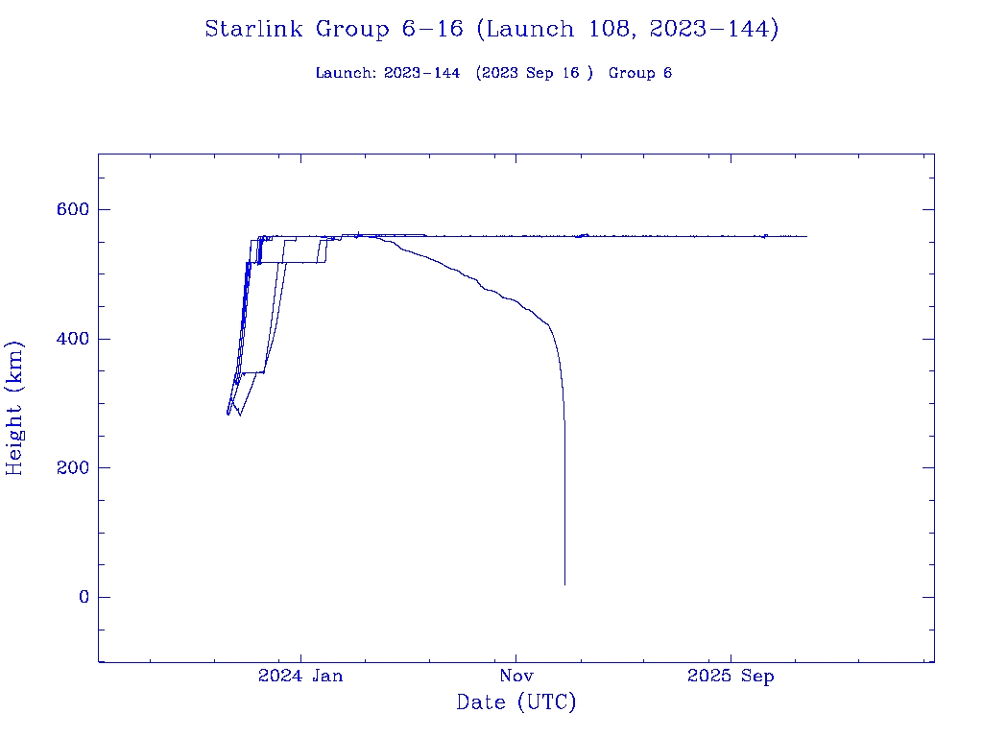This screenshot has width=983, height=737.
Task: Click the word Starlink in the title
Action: pyautogui.click(x=255, y=30)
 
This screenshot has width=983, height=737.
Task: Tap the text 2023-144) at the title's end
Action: pyautogui.click(x=713, y=30)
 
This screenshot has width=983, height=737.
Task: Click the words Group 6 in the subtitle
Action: pyautogui.click(x=640, y=74)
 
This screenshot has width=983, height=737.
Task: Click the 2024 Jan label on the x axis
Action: pyautogui.click(x=300, y=677)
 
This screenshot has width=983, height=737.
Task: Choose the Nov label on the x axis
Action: pyautogui.click(x=515, y=677)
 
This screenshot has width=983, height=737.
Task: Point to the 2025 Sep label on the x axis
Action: pyautogui.click(x=731, y=677)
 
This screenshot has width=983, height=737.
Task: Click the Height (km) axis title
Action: pyautogui.click(x=14, y=408)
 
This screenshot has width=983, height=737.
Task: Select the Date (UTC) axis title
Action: pyautogui.click(x=516, y=703)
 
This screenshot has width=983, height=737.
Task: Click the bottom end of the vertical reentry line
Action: pyautogui.click(x=564, y=583)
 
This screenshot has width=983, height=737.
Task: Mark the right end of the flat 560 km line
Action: pyautogui.click(x=806, y=236)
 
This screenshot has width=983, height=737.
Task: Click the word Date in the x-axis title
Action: pyautogui.click(x=481, y=703)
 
